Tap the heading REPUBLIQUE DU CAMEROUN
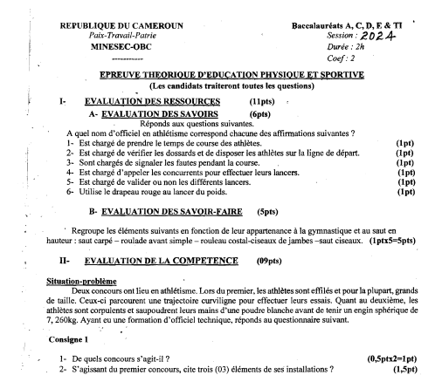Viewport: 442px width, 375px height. [x=121, y=26]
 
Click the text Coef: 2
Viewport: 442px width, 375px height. [x=341, y=59]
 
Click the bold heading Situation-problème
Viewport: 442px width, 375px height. [x=76, y=281]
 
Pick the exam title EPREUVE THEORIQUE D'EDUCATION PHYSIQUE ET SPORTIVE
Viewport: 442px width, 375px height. [x=231, y=76]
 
